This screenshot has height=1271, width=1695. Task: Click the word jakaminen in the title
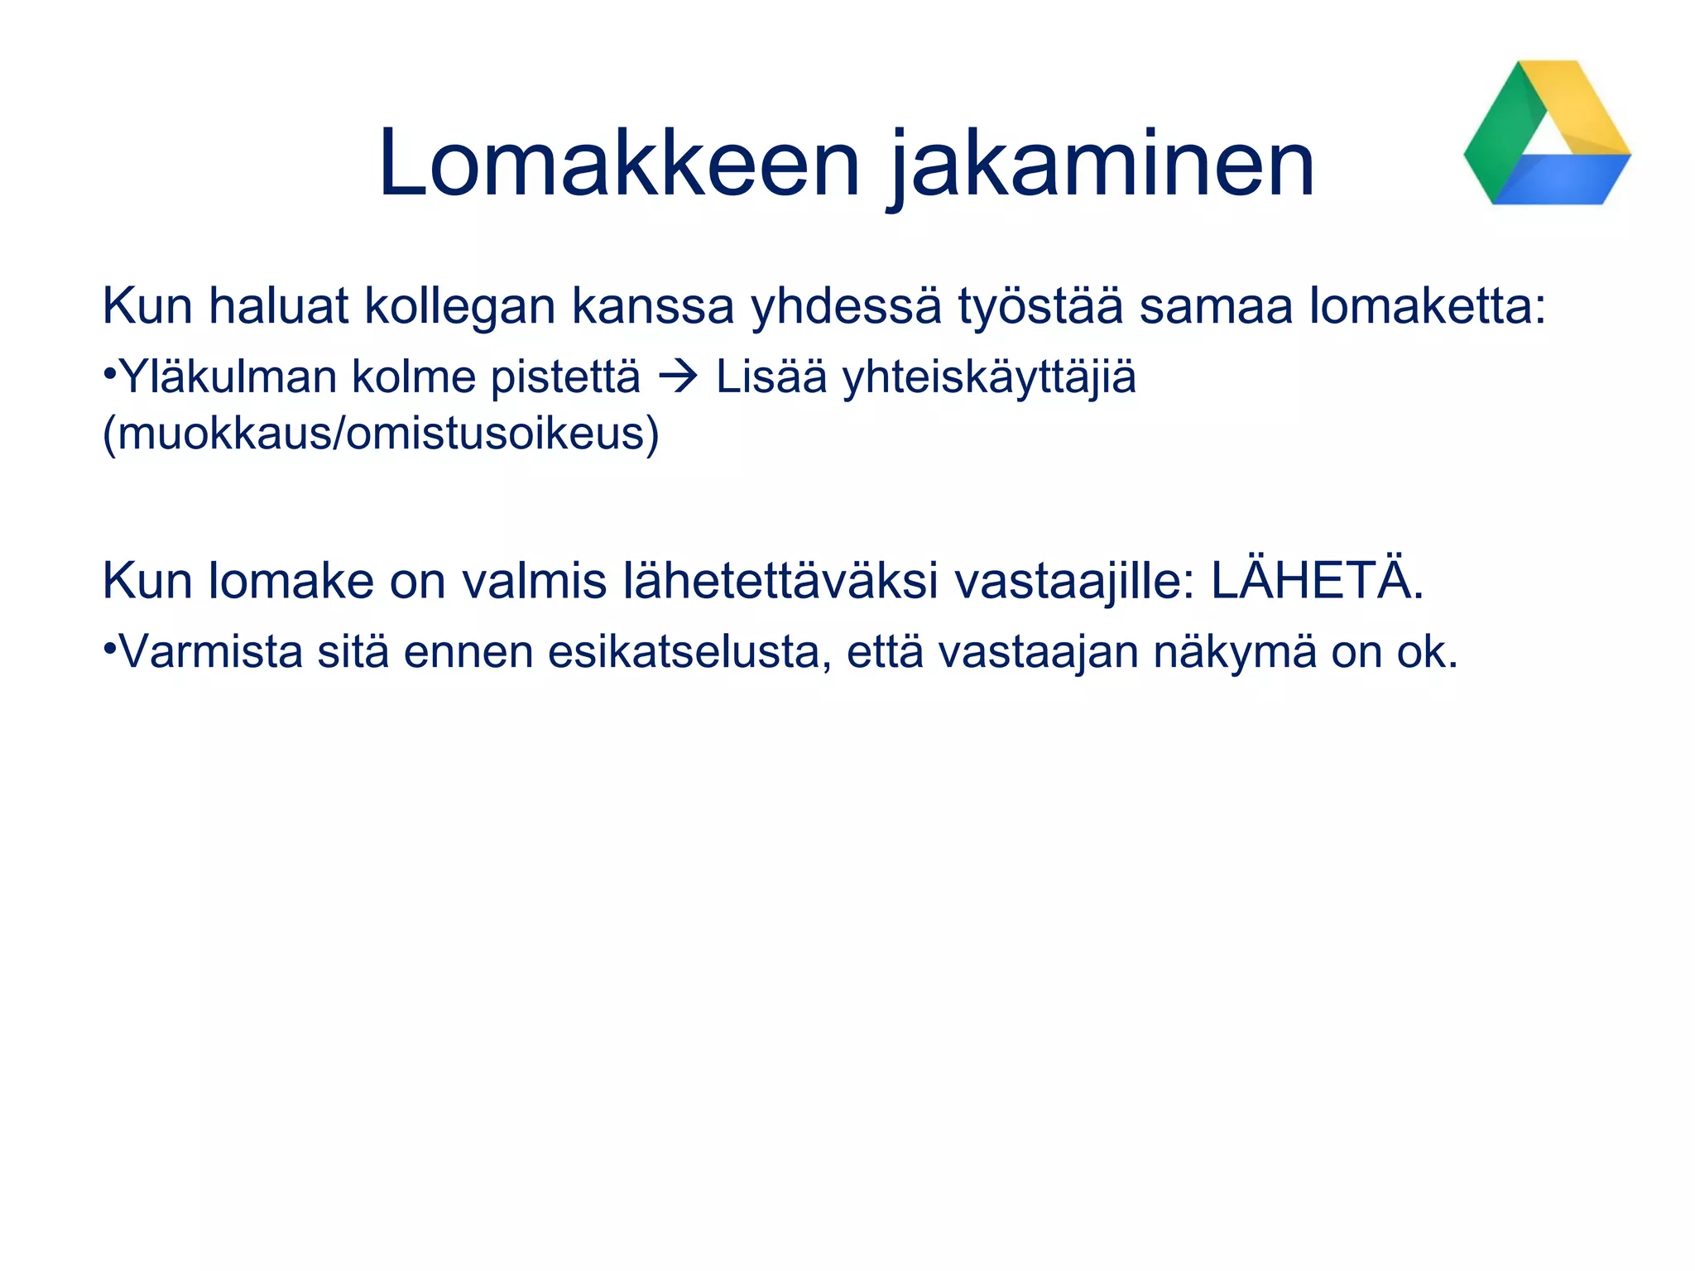(x=1102, y=165)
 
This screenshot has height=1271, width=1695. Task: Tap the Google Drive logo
(x=1547, y=133)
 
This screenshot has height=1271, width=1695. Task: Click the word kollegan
(x=459, y=307)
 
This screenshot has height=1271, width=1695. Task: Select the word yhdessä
(x=846, y=307)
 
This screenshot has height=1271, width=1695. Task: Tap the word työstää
(x=1040, y=307)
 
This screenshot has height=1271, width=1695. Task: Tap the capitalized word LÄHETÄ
(x=1316, y=581)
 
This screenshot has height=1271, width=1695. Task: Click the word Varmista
(x=211, y=652)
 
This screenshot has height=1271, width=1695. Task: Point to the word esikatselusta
(x=689, y=652)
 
